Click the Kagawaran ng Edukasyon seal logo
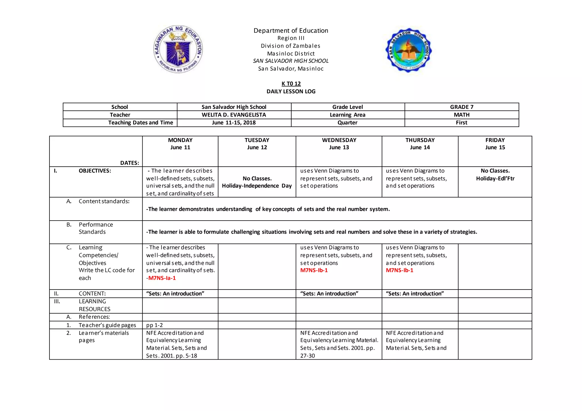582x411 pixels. pyautogui.click(x=178, y=49)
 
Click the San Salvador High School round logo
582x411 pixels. pyautogui.click(x=408, y=50)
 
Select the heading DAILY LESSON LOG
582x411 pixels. pyautogui.click(x=291, y=91)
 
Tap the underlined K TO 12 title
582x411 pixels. pyautogui.click(x=291, y=84)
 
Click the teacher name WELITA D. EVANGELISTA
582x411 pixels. pyautogui.click(x=234, y=115)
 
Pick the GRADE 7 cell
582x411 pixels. pyautogui.click(x=462, y=107)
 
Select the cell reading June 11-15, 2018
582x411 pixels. pyautogui.click(x=234, y=123)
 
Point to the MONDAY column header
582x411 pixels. pyautogui.click(x=180, y=140)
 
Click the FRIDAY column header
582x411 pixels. pyautogui.click(x=495, y=140)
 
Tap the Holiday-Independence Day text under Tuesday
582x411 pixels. pyautogui.click(x=257, y=186)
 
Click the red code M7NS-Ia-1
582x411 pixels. pyautogui.click(x=162, y=278)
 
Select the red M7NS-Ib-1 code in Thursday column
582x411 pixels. pyautogui.click(x=399, y=270)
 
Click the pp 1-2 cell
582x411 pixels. pyautogui.click(x=155, y=325)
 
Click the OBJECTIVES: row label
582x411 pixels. pyautogui.click(x=95, y=171)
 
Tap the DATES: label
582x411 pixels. pyautogui.click(x=130, y=163)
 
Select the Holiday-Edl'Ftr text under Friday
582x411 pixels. pyautogui.click(x=495, y=179)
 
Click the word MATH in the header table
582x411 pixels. pyautogui.click(x=462, y=115)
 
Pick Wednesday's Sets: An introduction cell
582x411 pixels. pyautogui.click(x=329, y=294)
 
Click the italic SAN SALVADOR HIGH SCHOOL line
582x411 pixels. pyautogui.click(x=291, y=61)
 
